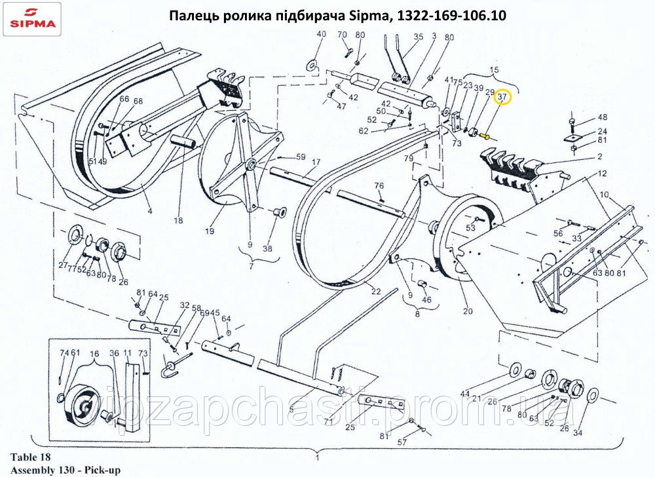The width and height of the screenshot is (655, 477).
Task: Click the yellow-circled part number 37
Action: tap(502, 97)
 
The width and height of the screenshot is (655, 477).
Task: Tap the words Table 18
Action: tap(30, 457)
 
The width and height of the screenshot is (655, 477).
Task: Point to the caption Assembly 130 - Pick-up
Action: tap(65, 469)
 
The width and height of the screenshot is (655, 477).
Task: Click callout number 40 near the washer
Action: tap(321, 34)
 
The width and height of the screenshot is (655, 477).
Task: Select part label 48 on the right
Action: tap(602, 118)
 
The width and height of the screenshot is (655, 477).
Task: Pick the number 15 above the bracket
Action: tap(494, 69)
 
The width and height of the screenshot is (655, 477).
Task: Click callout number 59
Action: tap(301, 157)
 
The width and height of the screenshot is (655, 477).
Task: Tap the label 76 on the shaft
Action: tap(379, 186)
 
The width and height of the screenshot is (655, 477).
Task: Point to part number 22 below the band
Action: tap(375, 292)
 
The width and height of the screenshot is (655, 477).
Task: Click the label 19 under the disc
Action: tap(210, 231)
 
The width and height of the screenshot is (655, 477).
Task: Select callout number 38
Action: tap(267, 248)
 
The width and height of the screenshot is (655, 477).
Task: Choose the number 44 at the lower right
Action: tap(464, 393)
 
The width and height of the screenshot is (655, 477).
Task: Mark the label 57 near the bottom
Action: tap(402, 442)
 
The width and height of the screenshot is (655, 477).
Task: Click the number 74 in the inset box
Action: tap(64, 353)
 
